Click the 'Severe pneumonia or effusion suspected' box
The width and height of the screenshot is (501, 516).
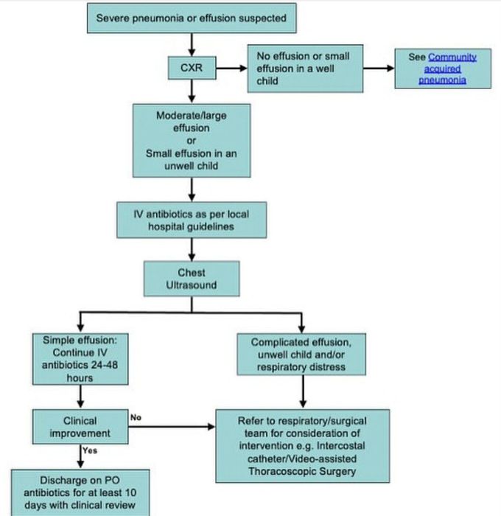(192, 18)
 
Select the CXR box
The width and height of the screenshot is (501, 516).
(192, 69)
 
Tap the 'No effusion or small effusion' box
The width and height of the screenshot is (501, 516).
(304, 68)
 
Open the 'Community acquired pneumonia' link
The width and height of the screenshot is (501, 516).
(442, 68)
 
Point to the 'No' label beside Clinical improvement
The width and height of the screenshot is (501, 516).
(135, 417)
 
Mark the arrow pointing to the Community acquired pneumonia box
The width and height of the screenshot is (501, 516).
(382, 69)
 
